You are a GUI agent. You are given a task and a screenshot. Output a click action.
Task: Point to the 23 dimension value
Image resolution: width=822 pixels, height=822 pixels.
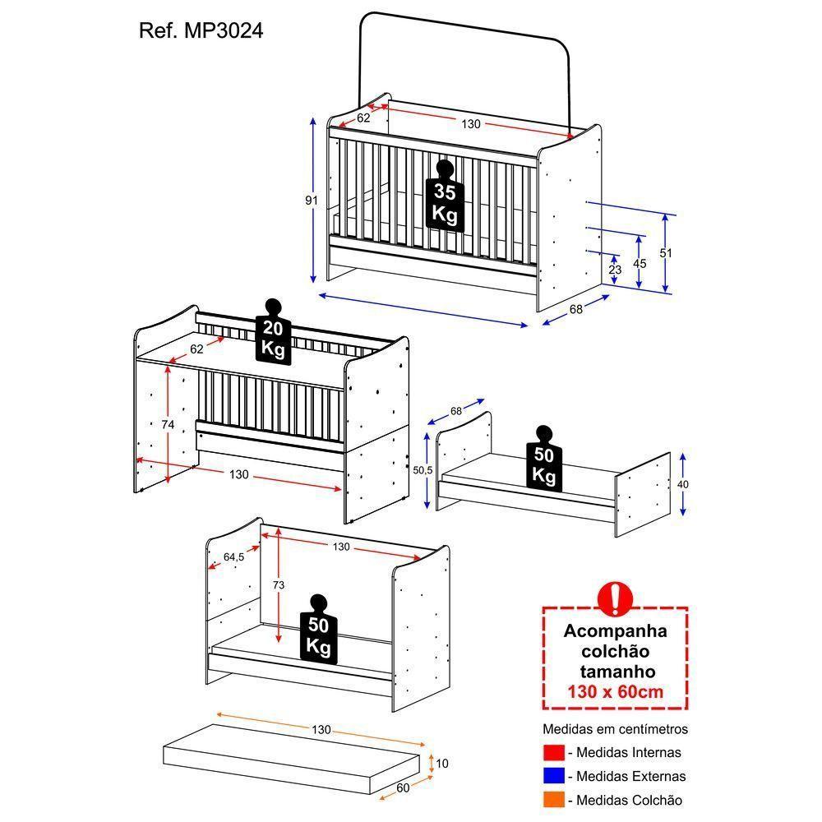tap(615, 270)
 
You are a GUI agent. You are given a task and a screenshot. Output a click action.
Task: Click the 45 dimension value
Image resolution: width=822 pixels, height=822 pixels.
tap(640, 264)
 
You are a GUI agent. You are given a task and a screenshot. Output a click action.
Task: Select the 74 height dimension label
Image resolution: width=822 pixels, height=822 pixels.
tap(168, 424)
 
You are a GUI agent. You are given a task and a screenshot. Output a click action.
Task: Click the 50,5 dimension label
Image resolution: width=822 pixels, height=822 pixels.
tap(423, 470)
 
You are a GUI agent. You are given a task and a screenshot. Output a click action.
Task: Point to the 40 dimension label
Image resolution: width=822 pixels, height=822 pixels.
tap(683, 484)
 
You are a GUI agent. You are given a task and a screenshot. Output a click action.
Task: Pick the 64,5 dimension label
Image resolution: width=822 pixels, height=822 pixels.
tap(234, 557)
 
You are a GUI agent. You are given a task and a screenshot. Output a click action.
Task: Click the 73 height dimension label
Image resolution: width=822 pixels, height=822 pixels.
tap(279, 585)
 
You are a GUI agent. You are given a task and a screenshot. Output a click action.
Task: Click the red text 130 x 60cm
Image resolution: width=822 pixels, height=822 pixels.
tap(615, 691)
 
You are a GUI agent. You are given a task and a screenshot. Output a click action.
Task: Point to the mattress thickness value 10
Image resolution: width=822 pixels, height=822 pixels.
tap(441, 764)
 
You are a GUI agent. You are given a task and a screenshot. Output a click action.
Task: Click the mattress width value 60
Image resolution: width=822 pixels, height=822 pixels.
tap(404, 788)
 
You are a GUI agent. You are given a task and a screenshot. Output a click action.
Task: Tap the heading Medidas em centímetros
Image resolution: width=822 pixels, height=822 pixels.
tap(615, 729)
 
